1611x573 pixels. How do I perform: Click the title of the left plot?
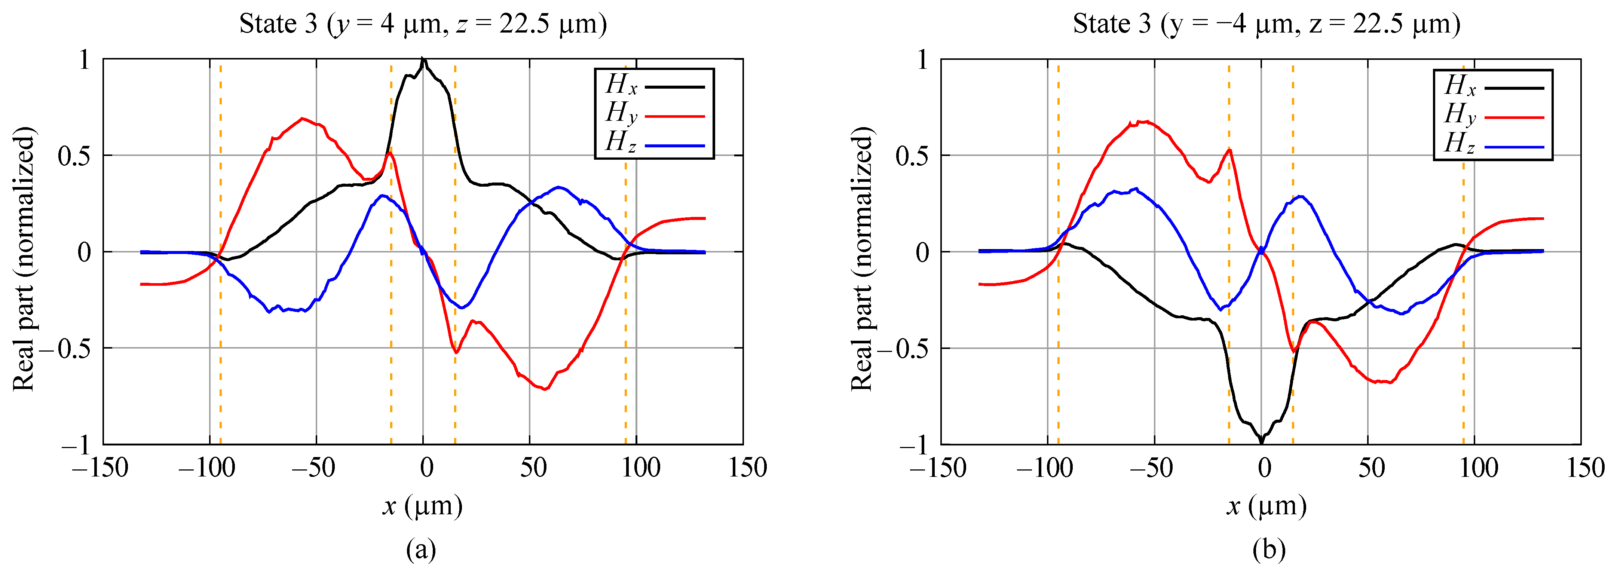423,24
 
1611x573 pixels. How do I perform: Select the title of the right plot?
1267,24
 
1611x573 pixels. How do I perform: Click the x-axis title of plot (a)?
423,505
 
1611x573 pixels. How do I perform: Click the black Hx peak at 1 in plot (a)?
423,59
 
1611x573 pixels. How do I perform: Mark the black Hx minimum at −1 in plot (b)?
1261,442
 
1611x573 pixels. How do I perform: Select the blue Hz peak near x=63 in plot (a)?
558,187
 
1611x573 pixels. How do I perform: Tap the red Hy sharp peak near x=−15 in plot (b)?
1229,150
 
